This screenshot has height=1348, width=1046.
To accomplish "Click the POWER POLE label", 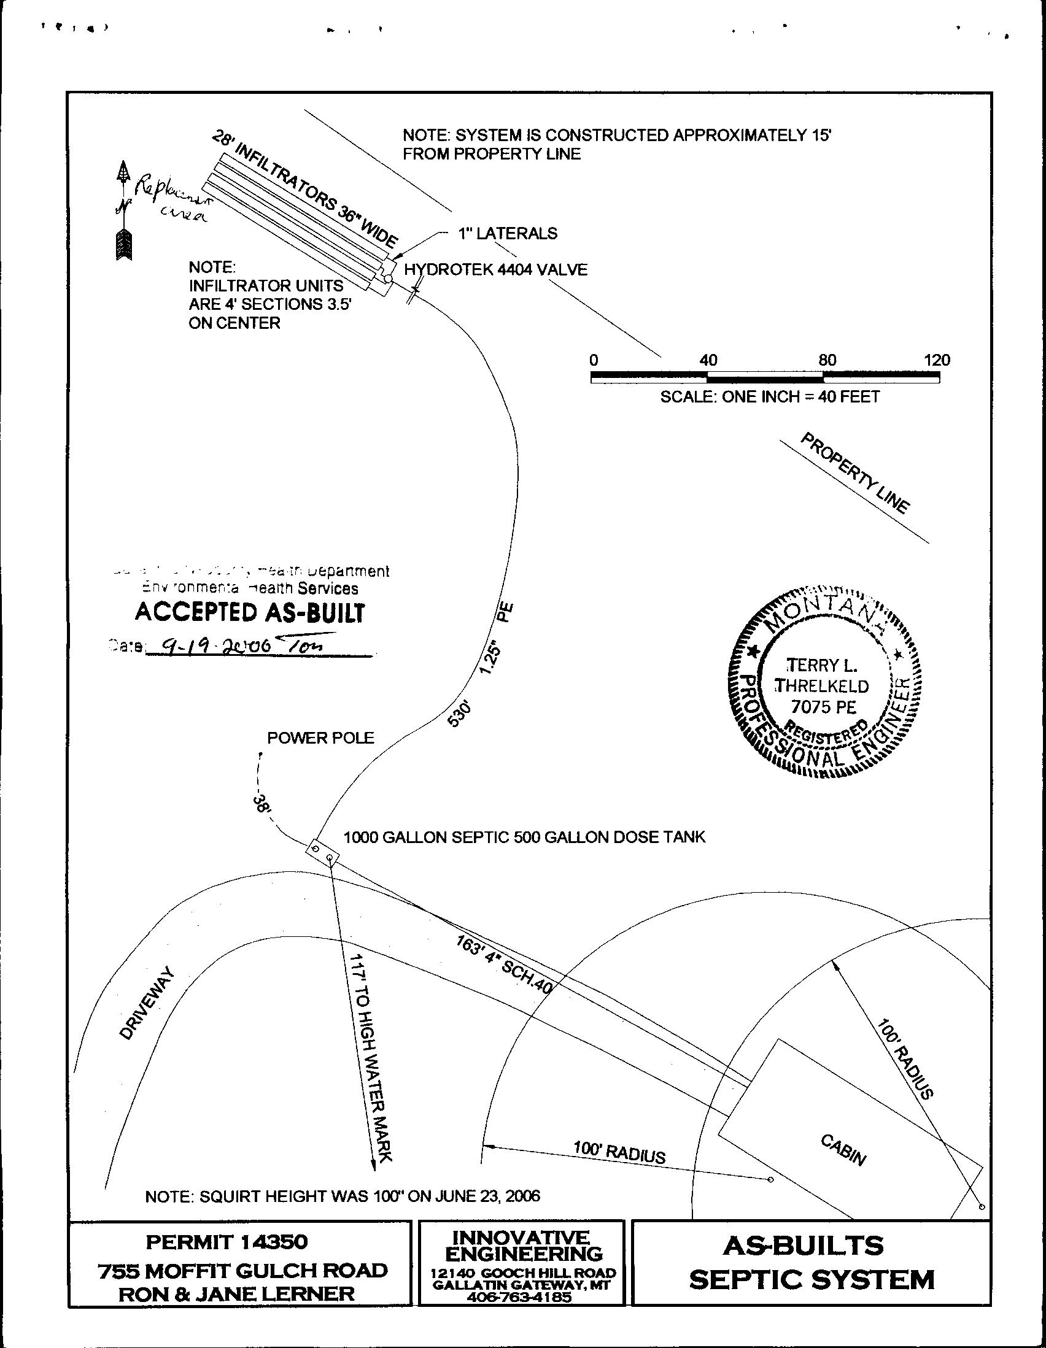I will pyautogui.click(x=320, y=738).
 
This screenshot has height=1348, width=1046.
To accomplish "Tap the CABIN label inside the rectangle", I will pyautogui.click(x=843, y=1150).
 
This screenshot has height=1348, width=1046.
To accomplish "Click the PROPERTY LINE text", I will pyautogui.click(x=854, y=474).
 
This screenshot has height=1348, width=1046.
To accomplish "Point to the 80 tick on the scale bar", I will pyautogui.click(x=827, y=360).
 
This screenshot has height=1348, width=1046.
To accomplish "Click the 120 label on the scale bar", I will pyautogui.click(x=937, y=360).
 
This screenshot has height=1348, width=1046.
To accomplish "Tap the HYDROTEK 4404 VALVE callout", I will pyautogui.click(x=495, y=270).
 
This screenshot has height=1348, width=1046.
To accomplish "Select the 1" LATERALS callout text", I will pyautogui.click(x=507, y=233).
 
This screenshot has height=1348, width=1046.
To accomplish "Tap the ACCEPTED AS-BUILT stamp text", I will pyautogui.click(x=249, y=613).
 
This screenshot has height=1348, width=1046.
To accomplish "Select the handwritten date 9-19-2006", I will pyautogui.click(x=209, y=646).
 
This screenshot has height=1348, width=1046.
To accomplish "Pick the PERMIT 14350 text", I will pyautogui.click(x=226, y=1241).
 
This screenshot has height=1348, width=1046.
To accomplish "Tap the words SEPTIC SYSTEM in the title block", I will pyautogui.click(x=812, y=1280).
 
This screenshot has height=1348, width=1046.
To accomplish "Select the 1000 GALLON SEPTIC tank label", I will pyautogui.click(x=426, y=837).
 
